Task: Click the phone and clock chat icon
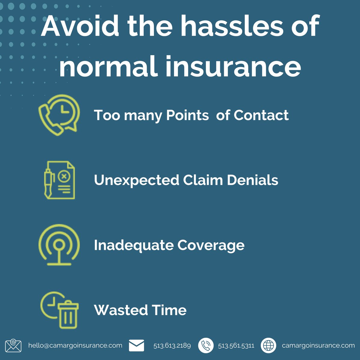coord(59,115)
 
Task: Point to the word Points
coord(187,115)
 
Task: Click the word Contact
coord(261,115)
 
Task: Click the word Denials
coord(252,180)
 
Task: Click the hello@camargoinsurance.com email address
coord(75,345)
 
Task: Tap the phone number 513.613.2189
coord(172,346)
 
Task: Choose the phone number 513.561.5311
coord(236,346)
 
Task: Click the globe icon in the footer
coord(268,345)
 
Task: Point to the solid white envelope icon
coord(136,345)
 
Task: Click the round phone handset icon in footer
coord(206,345)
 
